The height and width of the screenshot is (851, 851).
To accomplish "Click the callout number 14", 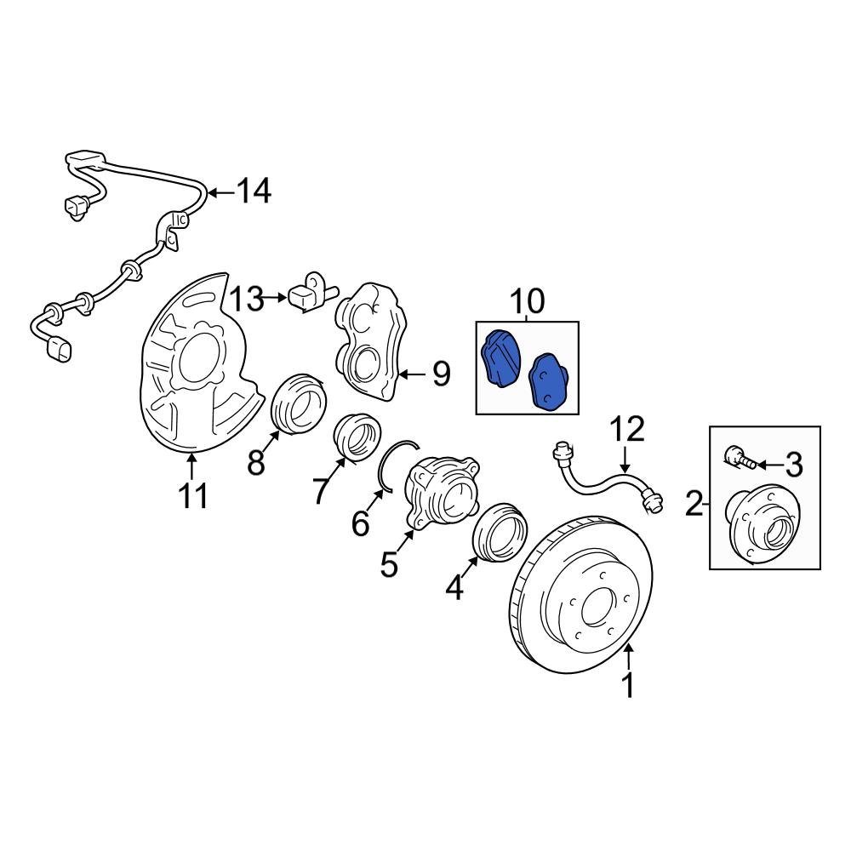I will click(x=253, y=191).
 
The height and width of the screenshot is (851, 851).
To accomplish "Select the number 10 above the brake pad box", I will click(x=526, y=301).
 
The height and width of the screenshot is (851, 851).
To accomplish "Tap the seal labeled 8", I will click(x=298, y=403).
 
